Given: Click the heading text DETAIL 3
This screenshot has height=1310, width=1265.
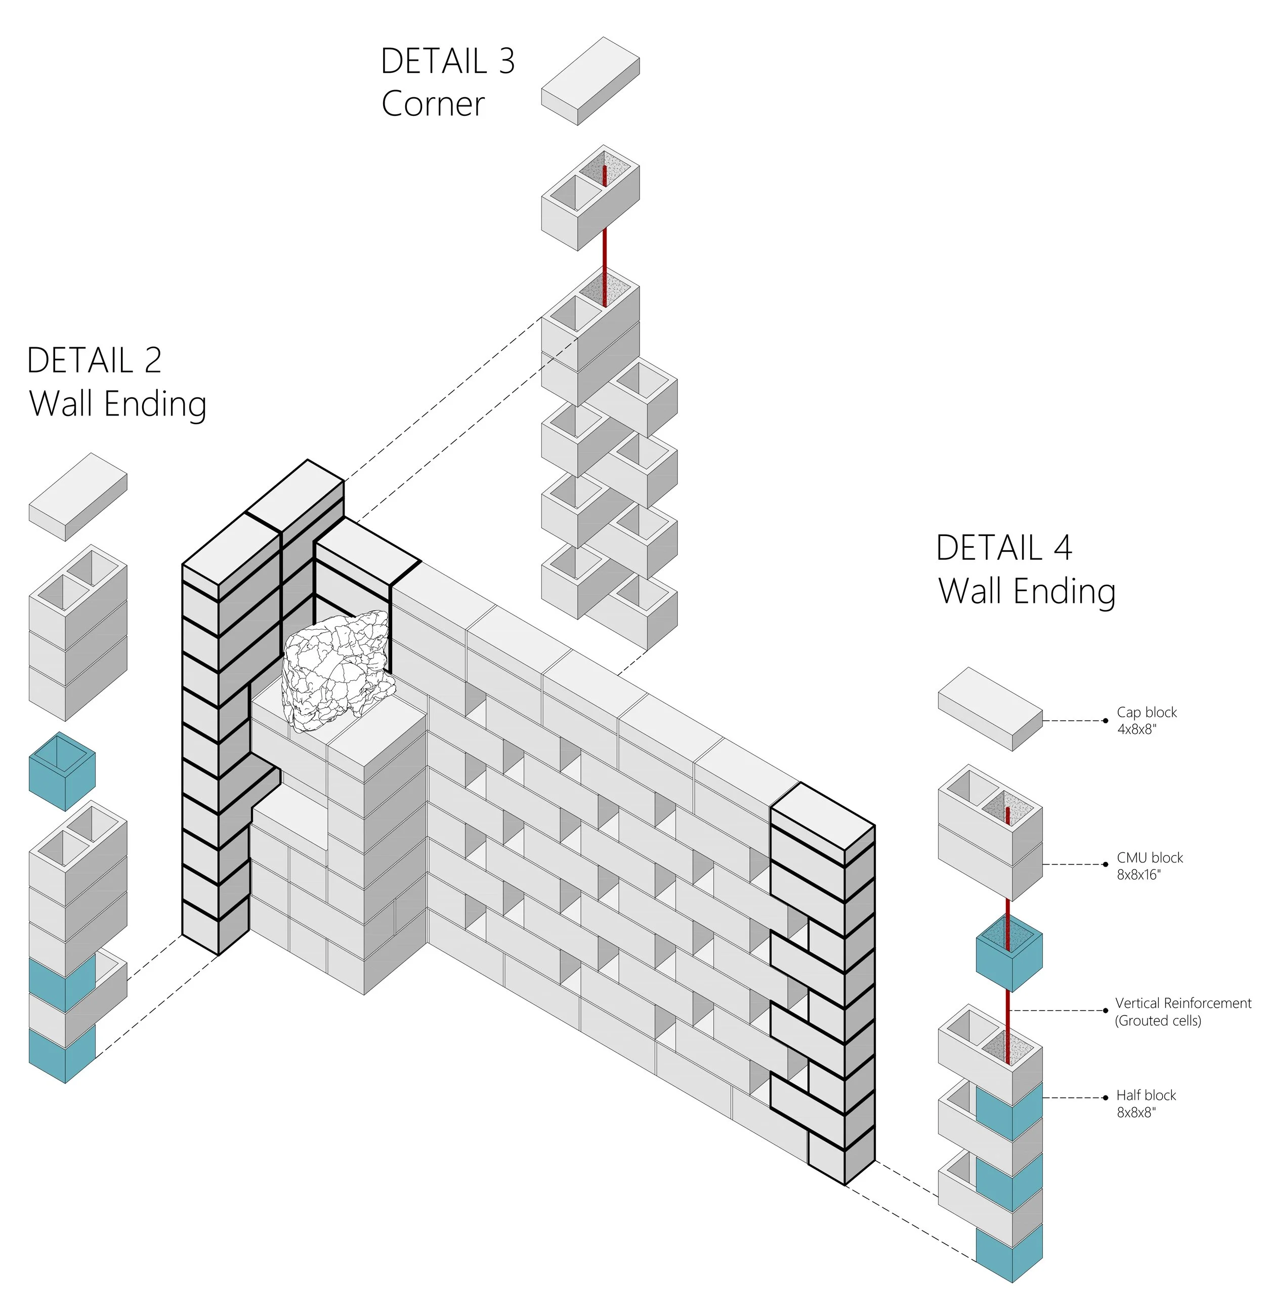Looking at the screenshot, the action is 448,61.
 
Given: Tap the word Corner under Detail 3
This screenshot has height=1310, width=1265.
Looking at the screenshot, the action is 433,104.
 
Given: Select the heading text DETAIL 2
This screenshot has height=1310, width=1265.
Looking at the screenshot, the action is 94,361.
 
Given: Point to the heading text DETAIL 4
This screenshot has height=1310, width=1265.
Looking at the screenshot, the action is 1004,548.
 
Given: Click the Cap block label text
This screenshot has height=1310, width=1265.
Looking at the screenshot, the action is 1147,713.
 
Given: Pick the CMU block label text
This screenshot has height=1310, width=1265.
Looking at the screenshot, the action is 1150,857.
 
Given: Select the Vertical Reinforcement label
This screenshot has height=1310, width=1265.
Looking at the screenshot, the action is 1184,1003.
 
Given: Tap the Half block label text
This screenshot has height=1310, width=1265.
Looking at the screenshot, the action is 1146,1095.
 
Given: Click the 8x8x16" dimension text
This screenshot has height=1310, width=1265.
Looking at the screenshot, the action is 1138,874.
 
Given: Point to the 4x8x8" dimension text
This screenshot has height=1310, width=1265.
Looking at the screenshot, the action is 1136,729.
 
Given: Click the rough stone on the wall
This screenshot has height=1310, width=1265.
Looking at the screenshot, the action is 337,670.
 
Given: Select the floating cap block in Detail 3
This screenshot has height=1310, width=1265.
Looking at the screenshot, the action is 590,81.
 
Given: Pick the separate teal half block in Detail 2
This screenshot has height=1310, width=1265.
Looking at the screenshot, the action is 62,772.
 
